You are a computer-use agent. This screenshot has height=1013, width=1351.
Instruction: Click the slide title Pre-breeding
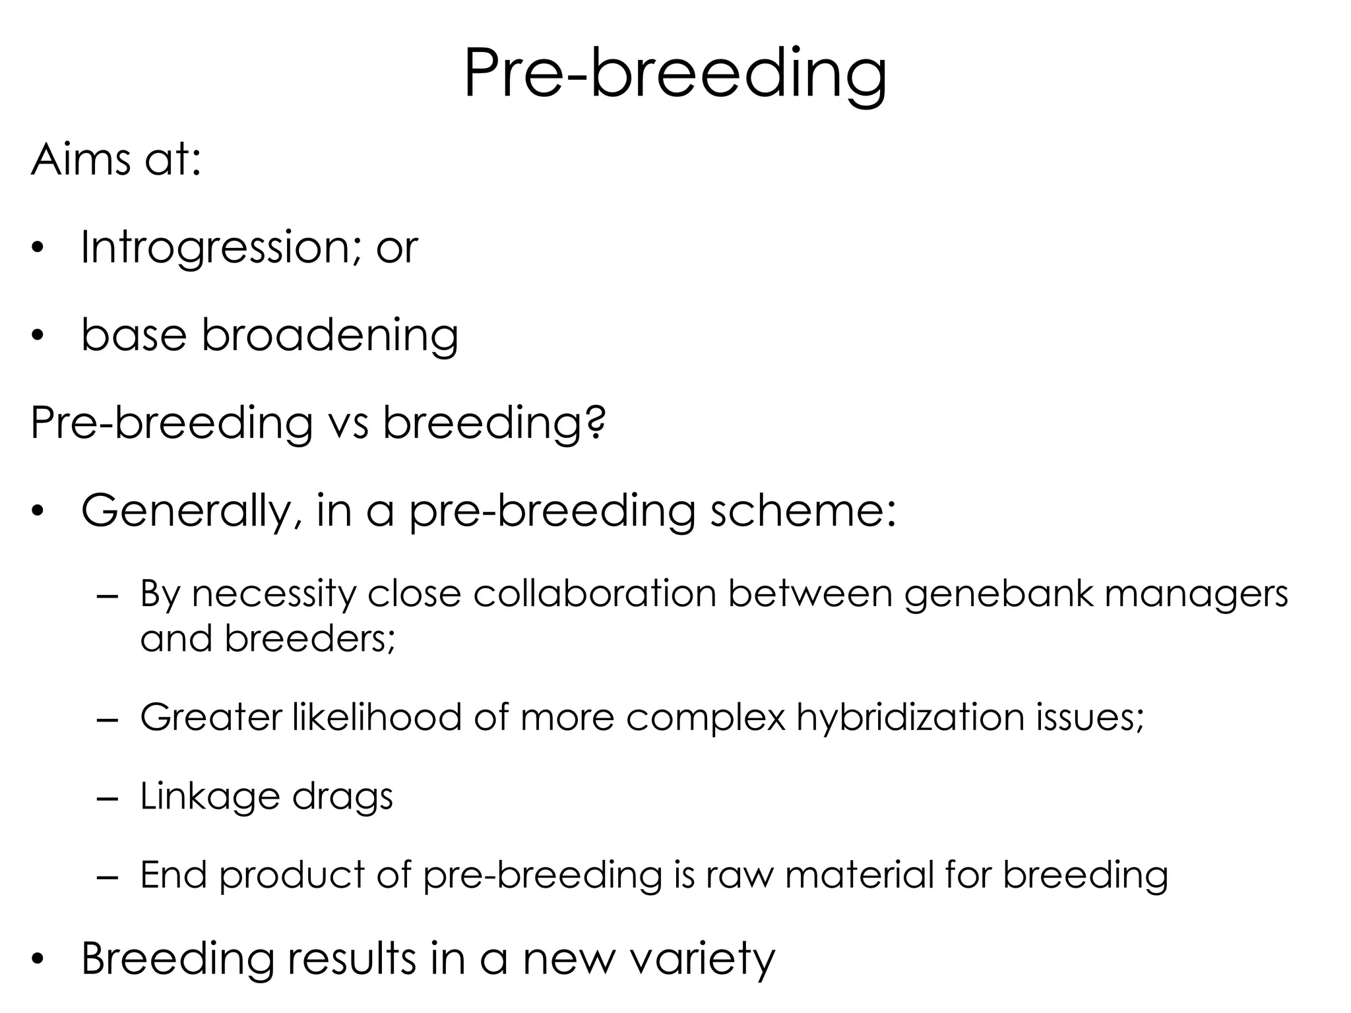point(675,74)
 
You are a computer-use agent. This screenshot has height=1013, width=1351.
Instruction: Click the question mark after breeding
point(595,423)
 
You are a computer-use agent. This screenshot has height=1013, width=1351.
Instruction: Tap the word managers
point(1195,595)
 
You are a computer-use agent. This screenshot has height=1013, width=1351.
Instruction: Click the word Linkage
point(210,796)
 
